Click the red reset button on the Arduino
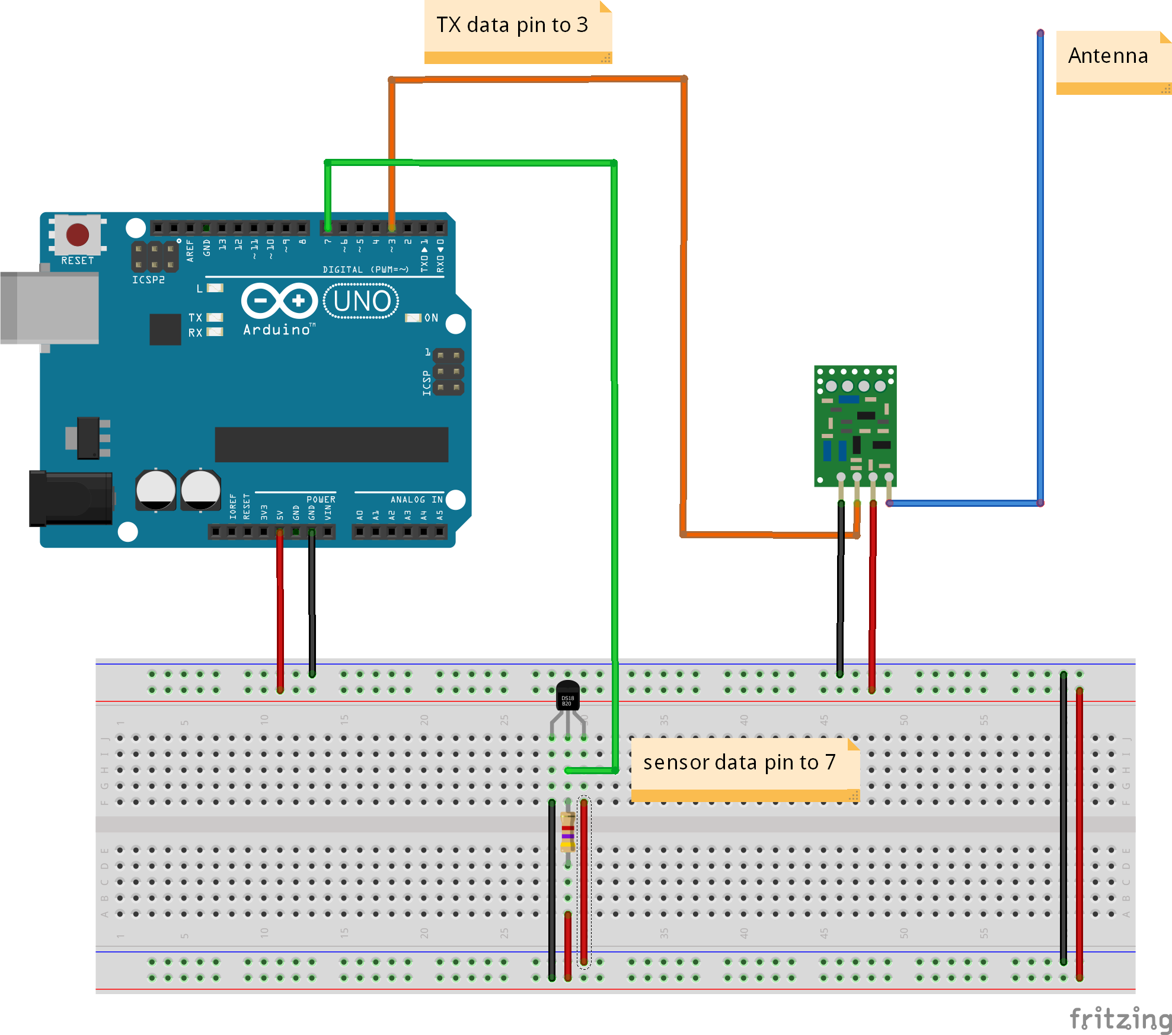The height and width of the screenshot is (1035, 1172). pos(78,235)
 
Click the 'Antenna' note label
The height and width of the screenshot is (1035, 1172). pos(1107,56)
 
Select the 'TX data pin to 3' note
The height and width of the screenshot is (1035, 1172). pos(512,25)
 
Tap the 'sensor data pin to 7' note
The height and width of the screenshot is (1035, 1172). pos(739,762)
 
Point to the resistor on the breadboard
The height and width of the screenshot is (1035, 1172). pos(567,832)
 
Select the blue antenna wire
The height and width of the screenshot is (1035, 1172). pos(1040,267)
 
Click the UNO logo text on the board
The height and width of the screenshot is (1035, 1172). pos(361,301)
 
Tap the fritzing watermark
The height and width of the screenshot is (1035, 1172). pos(1120,1019)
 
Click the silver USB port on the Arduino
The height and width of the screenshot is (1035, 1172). pos(50,307)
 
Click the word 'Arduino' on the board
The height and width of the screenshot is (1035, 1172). pos(276,330)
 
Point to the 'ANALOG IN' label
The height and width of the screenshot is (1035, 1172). pos(416,500)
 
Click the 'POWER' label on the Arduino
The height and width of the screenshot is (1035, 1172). pos(321,500)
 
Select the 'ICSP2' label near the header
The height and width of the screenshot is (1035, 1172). pos(148,280)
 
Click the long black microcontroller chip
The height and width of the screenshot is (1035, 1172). pos(331,444)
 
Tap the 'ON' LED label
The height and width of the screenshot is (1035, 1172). pos(431,318)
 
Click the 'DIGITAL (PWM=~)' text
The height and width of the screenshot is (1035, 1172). pos(365,270)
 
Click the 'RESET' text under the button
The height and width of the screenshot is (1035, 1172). pos(78,261)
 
